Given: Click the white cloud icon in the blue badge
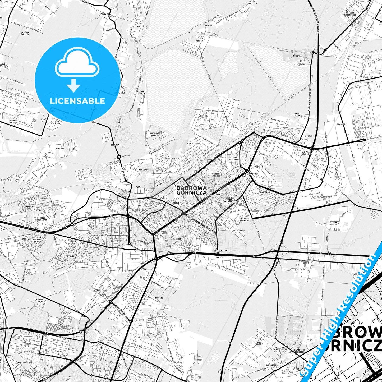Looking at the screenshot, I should [x=77, y=63].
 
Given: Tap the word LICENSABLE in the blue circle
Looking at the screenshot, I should [x=77, y=101].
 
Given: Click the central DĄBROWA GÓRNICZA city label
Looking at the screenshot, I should [x=191, y=190].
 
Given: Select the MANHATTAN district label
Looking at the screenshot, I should [x=215, y=195].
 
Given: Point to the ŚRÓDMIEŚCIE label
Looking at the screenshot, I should [x=149, y=223].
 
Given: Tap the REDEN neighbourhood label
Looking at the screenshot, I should [x=178, y=239].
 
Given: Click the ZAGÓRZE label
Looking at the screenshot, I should [x=159, y=298].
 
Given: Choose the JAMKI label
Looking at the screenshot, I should [x=335, y=223].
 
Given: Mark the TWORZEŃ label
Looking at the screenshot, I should [x=341, y=124].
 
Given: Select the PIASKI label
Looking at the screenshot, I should [x=309, y=136].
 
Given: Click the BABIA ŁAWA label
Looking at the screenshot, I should [x=297, y=115].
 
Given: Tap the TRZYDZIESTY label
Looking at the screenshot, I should [x=192, y=143].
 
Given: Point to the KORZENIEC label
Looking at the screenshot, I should [x=144, y=169].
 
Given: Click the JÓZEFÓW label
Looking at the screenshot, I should [x=96, y=290].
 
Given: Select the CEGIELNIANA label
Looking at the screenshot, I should [x=220, y=251].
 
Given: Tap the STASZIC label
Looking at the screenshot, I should [x=220, y=257].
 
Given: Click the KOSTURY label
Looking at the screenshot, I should [x=209, y=25].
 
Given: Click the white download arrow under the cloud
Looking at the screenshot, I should [x=73, y=85].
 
